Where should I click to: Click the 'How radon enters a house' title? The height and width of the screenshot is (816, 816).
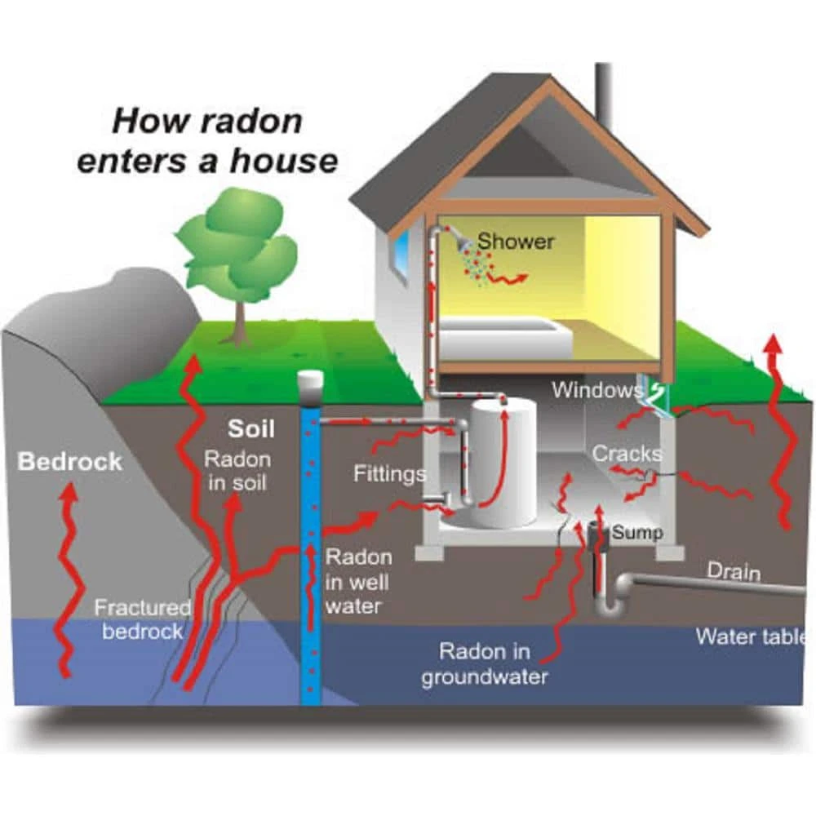click(206, 140)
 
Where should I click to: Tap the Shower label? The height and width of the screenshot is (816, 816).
click(516, 242)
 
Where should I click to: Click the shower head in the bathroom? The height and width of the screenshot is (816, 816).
click(463, 242)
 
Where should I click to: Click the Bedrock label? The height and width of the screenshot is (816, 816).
click(69, 462)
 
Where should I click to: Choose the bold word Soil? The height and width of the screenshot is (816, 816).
click(251, 429)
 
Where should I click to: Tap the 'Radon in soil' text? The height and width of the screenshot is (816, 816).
click(235, 470)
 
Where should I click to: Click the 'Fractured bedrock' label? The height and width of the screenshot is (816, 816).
click(142, 619)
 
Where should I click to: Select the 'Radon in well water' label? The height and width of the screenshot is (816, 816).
click(358, 582)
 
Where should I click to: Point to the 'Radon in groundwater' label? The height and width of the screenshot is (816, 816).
click(485, 664)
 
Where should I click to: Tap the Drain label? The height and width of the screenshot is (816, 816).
click(733, 571)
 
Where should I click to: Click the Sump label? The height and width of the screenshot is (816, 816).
click(636, 533)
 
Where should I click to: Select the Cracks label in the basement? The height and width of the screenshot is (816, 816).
click(627, 454)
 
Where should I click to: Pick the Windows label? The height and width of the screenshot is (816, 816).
click(596, 389)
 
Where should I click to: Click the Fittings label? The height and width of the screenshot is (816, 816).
click(389, 473)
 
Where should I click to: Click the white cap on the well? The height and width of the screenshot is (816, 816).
click(311, 381)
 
